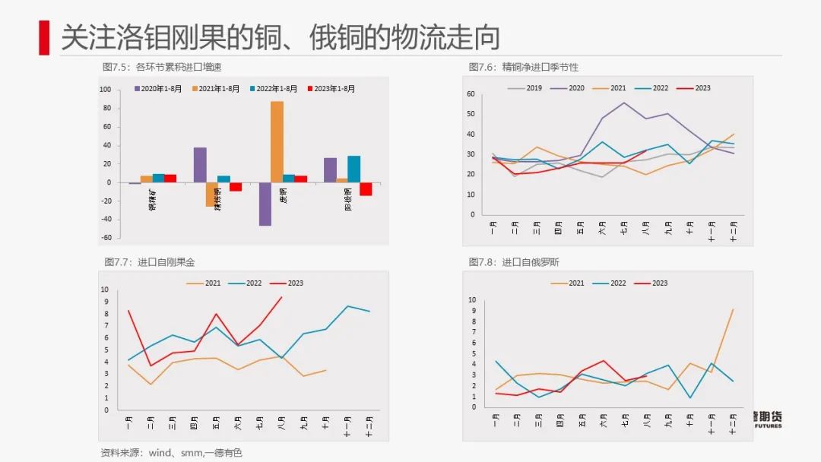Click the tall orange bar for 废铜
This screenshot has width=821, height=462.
point(277,141)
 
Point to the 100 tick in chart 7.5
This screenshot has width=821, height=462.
point(106,90)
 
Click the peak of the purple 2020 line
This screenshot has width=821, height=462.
point(624,103)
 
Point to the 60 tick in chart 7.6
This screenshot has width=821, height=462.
point(471,94)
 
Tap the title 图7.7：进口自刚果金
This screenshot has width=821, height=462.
point(149,262)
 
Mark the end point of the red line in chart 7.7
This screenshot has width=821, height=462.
point(282,297)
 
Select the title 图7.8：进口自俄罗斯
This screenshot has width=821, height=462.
point(514,262)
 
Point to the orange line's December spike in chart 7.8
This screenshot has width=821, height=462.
point(733,309)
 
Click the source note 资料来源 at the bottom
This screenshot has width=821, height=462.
point(171,452)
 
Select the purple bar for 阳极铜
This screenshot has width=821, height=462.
point(330,169)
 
